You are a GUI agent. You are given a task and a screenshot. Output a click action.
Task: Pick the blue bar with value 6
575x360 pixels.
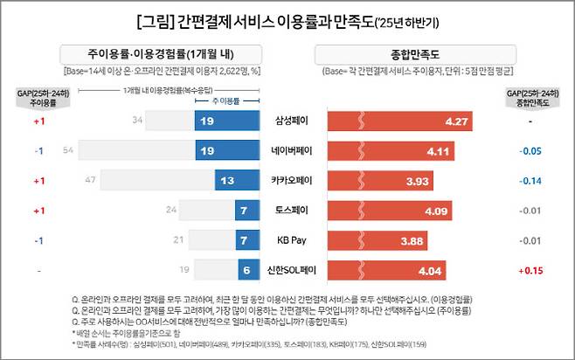[x=246, y=270]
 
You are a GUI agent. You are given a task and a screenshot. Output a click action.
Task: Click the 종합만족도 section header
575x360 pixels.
[x=398, y=53]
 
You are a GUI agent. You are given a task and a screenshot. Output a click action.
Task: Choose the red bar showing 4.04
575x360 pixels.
[x=384, y=270]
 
